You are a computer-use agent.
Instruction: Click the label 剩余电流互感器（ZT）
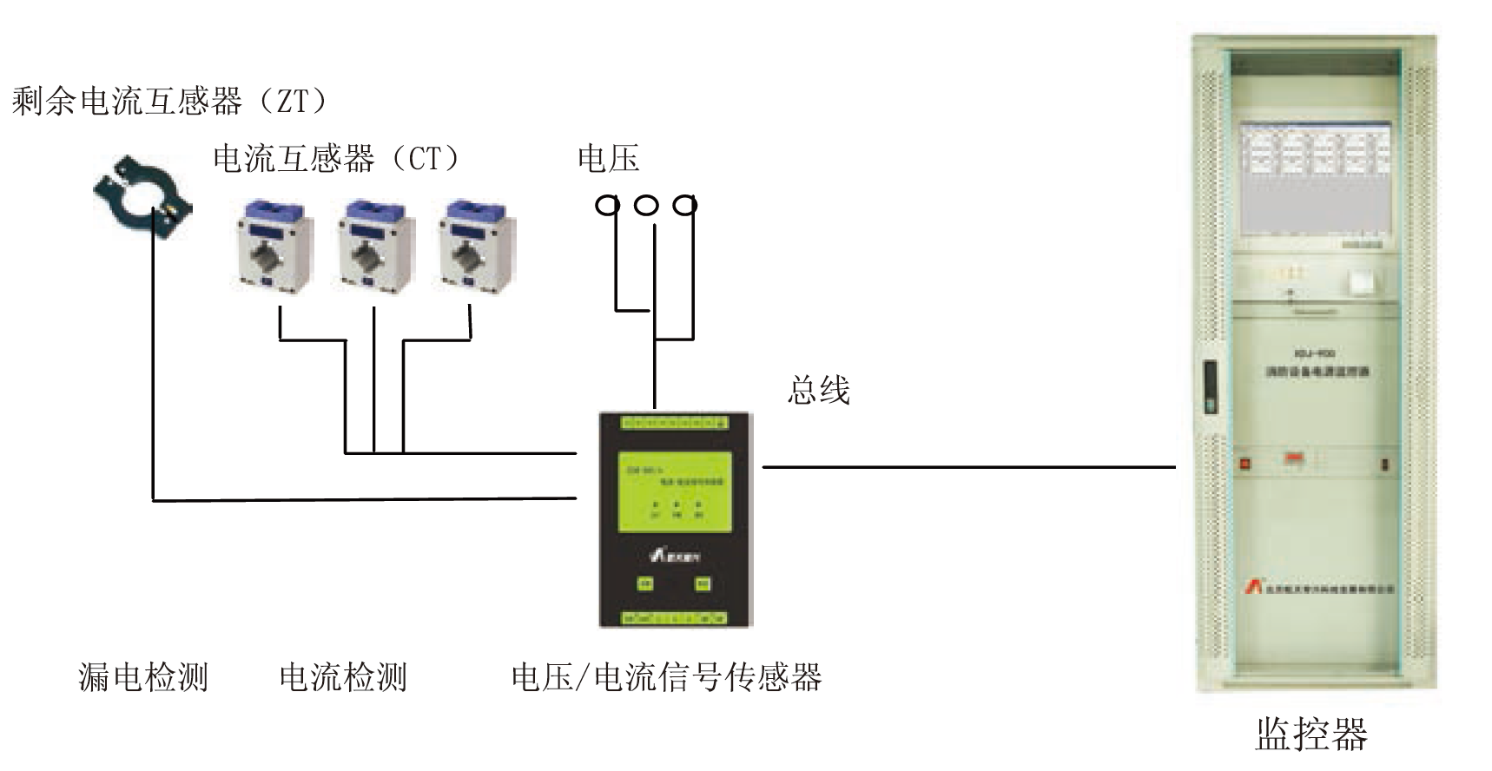170,102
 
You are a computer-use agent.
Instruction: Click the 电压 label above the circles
608,158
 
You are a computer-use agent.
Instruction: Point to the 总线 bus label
817,390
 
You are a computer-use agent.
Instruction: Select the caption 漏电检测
143,676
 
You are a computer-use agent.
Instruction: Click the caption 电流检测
343,676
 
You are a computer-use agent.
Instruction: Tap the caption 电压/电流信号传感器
666,676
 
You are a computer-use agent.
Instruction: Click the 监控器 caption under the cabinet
1310,734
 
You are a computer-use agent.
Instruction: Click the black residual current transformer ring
142,195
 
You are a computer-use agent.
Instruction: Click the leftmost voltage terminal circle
607,205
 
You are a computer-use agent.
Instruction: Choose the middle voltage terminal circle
646,205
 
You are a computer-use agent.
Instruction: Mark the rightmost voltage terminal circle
685,205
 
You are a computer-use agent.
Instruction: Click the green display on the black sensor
675,491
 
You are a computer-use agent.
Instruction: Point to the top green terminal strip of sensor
674,424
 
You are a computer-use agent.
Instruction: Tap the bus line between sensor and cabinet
968,467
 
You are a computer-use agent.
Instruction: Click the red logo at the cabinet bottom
1251,587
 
